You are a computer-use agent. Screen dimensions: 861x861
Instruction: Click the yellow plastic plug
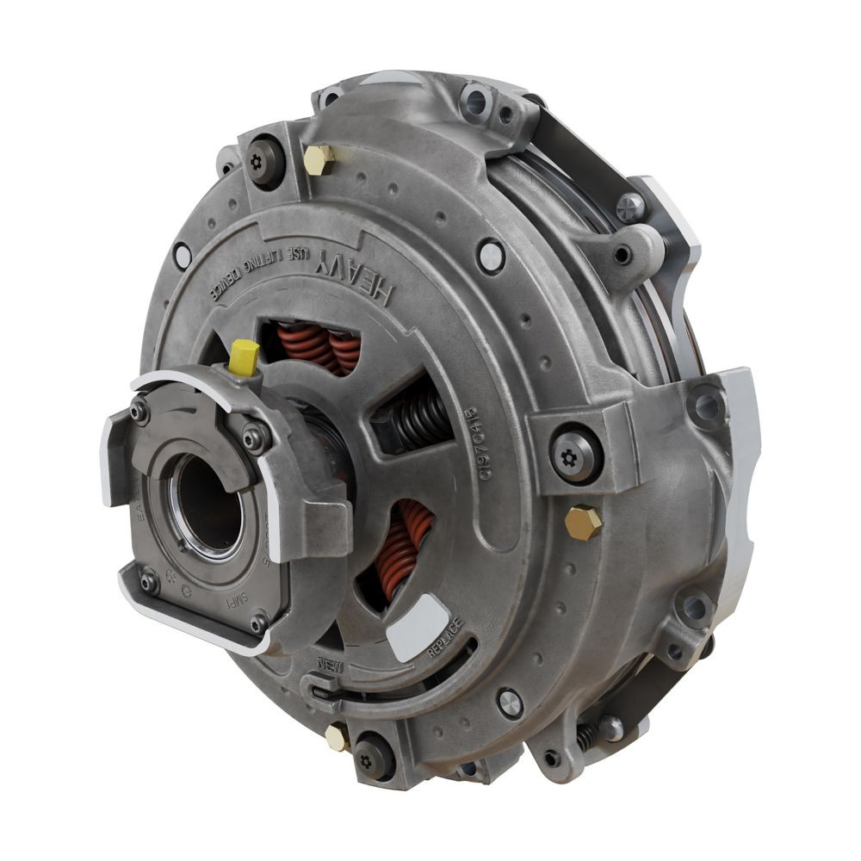click(245, 356)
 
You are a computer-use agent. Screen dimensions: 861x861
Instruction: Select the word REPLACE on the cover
click(445, 637)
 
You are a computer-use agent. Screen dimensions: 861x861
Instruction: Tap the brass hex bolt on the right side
click(583, 522)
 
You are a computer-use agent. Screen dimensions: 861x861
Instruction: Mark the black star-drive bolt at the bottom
click(367, 759)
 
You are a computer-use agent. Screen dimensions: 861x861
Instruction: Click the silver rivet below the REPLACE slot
click(509, 702)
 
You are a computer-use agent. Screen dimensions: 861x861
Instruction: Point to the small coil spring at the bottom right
click(588, 734)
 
